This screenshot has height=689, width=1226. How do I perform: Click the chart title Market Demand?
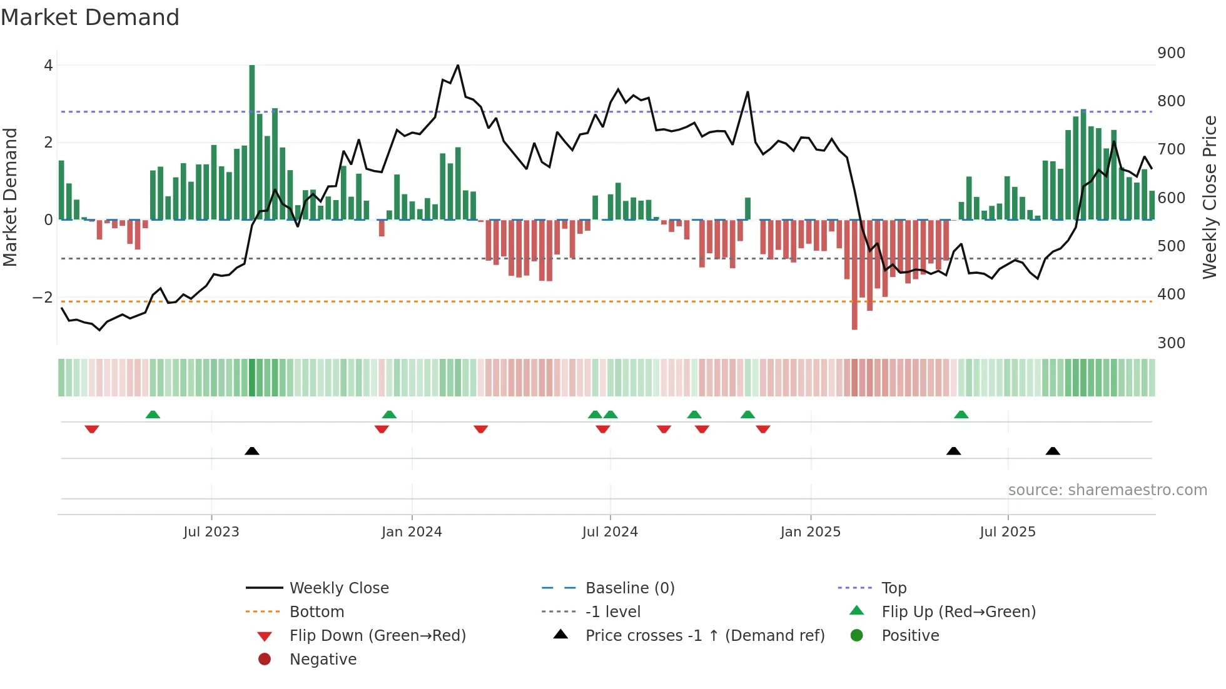pos(90,18)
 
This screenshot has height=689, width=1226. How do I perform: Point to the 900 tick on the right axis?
pos(1171,53)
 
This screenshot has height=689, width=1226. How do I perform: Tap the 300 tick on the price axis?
pos(1171,343)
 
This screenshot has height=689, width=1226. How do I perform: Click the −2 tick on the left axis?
pos(43,297)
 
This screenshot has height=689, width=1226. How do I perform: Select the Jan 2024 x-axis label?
pos(412,532)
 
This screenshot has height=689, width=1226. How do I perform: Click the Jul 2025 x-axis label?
pos(1008,532)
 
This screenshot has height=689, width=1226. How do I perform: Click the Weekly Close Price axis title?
pos(1210,197)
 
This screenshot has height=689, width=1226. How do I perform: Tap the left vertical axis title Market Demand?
pos(11,197)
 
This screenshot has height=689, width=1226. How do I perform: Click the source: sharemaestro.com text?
pos(1107,490)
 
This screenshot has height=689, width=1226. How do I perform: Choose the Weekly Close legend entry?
pos(338,588)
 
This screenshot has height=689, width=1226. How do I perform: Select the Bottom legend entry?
pos(317,612)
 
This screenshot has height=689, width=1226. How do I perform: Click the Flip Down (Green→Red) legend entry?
pos(377,636)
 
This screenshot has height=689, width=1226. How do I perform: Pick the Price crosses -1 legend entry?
pos(704,636)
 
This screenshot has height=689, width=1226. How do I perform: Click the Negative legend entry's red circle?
pos(265,660)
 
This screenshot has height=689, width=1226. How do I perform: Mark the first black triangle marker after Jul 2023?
pos(252,451)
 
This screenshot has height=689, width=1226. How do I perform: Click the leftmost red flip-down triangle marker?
pos(92,429)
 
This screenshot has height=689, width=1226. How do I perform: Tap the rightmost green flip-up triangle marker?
pos(961,415)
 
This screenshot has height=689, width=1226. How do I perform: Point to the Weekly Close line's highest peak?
pos(458,65)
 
